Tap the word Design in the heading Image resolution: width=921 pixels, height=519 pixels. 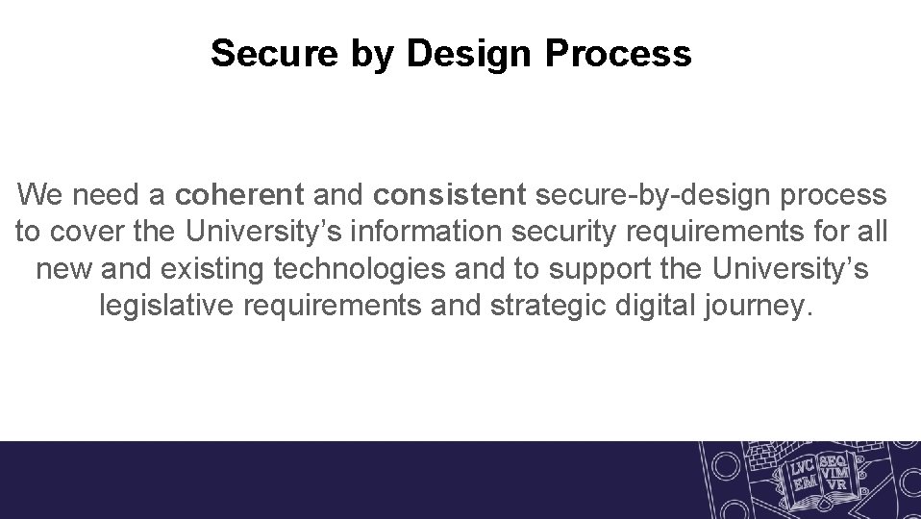click(470, 55)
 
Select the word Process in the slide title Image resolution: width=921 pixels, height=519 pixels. click(617, 54)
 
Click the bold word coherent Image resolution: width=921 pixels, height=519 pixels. click(239, 195)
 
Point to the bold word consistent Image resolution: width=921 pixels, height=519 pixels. click(450, 195)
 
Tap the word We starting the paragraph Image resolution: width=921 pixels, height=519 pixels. click(39, 195)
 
